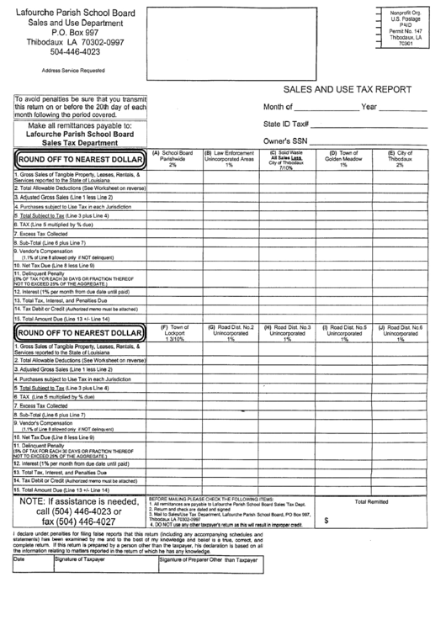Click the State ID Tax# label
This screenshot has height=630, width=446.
(287, 124)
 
